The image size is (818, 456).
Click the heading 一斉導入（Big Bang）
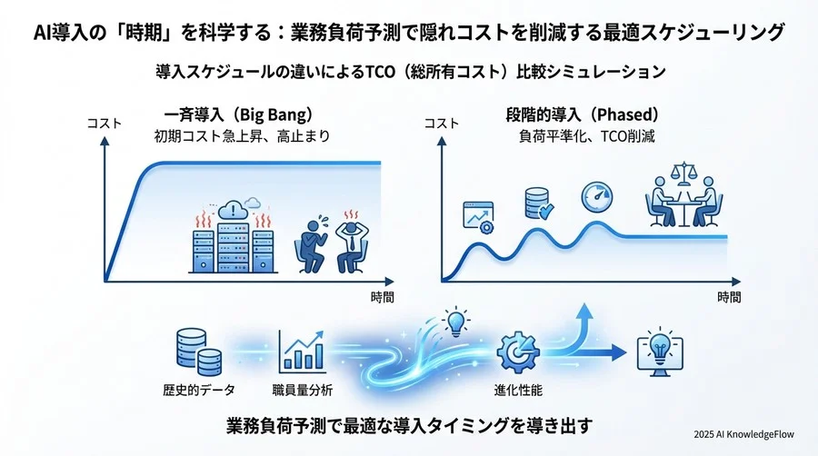tap(239, 114)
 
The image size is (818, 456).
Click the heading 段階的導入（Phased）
tap(583, 114)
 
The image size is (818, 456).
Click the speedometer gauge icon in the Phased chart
tap(597, 197)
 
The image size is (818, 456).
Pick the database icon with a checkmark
tap(539, 203)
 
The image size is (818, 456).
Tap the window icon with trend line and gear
tap(479, 217)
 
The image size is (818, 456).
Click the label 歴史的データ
tap(199, 390)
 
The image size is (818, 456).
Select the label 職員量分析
tap(303, 390)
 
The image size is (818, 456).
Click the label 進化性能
tap(518, 390)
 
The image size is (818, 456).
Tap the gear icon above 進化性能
tap(518, 352)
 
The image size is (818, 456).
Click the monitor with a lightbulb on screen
tap(661, 352)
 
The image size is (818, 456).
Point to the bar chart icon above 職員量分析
tap(302, 352)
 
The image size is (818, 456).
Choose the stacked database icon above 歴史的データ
tap(199, 352)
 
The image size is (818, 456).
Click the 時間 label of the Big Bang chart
tap(383, 298)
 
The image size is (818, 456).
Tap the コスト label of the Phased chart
tap(442, 124)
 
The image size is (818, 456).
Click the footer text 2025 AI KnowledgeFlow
tap(743, 434)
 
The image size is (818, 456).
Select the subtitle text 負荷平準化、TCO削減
tap(587, 136)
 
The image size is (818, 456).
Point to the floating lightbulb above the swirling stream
tap(456, 322)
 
